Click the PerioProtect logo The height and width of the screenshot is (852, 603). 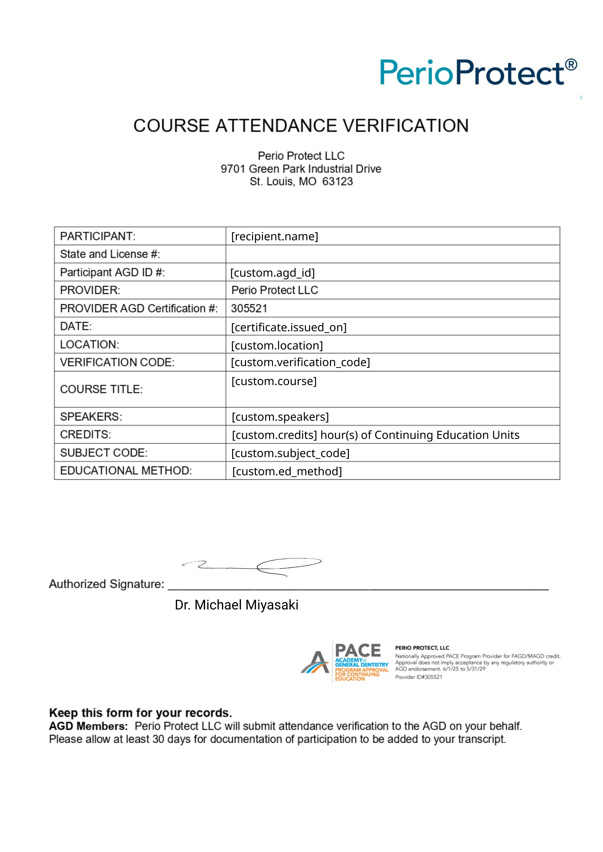(478, 72)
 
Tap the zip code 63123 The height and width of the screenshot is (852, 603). (338, 181)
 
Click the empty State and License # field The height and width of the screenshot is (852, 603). (392, 254)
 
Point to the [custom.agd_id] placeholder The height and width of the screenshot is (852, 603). (273, 272)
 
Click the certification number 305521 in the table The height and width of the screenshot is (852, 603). (249, 308)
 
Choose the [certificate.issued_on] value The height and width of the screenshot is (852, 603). (288, 327)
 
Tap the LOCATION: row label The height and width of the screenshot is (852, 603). (90, 344)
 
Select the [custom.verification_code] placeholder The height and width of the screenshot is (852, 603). (300, 362)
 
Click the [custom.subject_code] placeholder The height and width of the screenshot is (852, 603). (290, 453)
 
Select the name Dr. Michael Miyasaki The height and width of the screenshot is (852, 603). (236, 605)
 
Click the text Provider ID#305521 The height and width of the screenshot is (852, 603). (418, 677)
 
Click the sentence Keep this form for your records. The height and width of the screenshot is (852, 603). (140, 713)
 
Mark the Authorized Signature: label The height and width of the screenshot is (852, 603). (106, 584)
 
